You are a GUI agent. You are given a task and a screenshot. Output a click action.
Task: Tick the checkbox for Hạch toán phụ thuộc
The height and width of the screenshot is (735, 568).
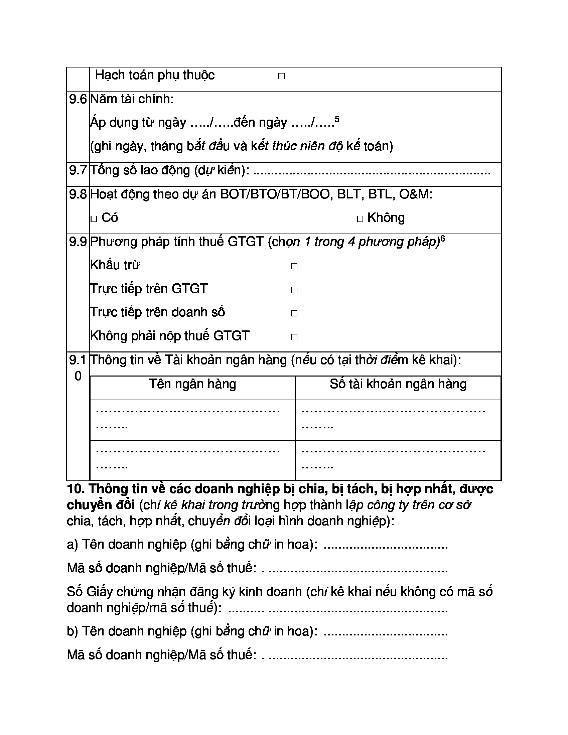tap(281, 77)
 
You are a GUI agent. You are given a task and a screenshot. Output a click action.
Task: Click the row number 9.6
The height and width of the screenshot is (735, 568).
tap(78, 99)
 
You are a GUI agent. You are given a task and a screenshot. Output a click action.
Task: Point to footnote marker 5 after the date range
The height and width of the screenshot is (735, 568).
tap(337, 119)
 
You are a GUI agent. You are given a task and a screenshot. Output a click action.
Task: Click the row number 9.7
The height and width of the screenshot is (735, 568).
tap(78, 170)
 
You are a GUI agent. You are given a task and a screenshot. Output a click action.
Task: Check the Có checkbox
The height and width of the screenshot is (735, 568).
tap(94, 219)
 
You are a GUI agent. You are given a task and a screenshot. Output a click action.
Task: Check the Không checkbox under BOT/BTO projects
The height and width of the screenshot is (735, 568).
tap(360, 219)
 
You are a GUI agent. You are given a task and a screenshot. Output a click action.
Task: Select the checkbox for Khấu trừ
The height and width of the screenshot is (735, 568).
tap(294, 267)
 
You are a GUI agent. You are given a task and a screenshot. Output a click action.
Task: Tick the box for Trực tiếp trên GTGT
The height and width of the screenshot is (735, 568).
tap(294, 290)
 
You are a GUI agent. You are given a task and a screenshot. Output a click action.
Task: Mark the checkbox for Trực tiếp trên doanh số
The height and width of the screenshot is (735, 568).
tap(294, 314)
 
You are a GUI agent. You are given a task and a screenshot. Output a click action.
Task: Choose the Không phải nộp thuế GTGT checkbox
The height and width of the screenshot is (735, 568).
tap(294, 337)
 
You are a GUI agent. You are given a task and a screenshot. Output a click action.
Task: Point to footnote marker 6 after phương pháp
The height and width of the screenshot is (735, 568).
tap(442, 239)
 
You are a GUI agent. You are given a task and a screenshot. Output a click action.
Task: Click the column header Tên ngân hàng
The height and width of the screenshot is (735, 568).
tap(192, 384)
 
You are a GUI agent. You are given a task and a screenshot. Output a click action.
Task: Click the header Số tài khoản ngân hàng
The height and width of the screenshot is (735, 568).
tap(398, 384)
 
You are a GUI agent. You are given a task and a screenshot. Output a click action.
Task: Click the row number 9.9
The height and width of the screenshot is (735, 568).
tap(78, 242)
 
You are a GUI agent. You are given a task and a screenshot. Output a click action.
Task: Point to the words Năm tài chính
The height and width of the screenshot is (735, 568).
tap(132, 99)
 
